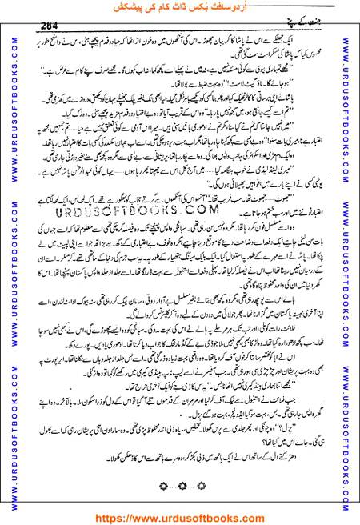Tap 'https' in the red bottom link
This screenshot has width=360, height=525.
tap(119, 515)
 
